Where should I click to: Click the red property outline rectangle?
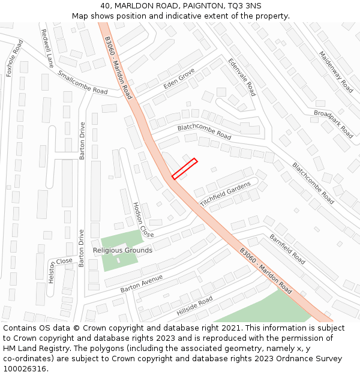[x=185, y=169]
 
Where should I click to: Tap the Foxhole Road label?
[x=14, y=58]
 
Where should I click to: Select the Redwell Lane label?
[x=49, y=48]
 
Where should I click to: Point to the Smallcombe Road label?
[x=83, y=83]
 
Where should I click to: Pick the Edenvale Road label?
[x=242, y=77]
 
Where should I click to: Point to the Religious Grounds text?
[x=122, y=250]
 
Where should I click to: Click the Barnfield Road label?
[x=287, y=249]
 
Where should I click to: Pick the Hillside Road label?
[x=194, y=307]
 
